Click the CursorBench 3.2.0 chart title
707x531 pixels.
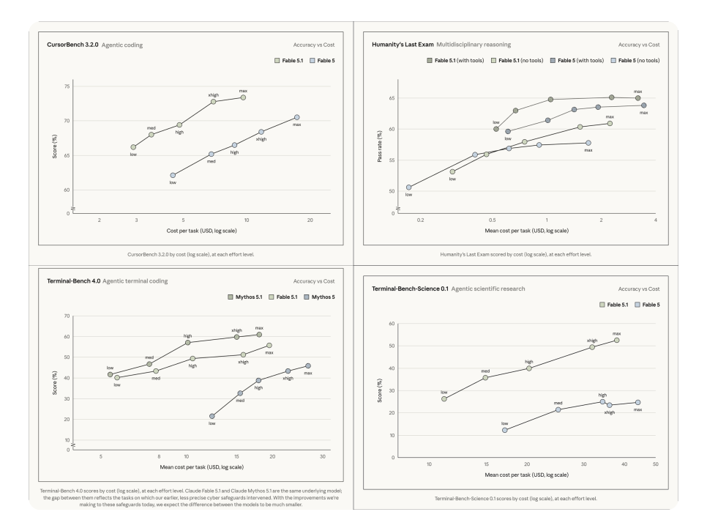pos(72,45)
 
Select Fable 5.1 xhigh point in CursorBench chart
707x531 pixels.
pos(213,102)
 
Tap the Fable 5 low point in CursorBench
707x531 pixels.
pos(173,175)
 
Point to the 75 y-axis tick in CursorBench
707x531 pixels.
pos(67,86)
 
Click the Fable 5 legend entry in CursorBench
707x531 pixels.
pos(322,61)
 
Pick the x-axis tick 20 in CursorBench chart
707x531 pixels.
pos(310,220)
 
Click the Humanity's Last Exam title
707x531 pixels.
pos(403,45)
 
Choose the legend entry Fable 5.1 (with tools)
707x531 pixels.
pos(455,61)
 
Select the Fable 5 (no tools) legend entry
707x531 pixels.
pos(635,61)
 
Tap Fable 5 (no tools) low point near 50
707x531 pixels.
pos(409,187)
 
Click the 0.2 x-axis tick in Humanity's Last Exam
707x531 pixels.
pos(421,220)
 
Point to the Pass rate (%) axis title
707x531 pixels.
pos(380,146)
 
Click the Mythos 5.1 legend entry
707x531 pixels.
pos(245,297)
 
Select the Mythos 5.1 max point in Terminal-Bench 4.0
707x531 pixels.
pos(259,335)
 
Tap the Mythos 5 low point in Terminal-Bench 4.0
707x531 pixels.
pos(212,416)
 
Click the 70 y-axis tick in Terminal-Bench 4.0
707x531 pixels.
pos(67,316)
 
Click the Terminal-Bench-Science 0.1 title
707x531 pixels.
pos(410,289)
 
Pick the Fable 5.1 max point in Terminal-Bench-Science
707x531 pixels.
pos(617,340)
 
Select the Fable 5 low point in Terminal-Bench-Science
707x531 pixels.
pos(504,430)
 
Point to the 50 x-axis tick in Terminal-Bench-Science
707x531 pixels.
pos(656,464)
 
